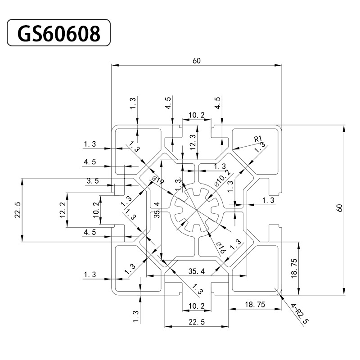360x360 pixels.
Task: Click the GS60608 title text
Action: pos(58,33)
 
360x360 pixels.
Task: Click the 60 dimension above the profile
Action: pos(197,61)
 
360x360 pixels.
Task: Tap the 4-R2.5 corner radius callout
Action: pos(299,315)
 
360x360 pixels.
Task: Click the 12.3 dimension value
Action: pos(193,142)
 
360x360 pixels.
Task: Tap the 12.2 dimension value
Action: pos(63,210)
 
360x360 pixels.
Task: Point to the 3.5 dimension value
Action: pos(92,181)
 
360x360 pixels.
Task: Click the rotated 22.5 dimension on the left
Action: pos(18,210)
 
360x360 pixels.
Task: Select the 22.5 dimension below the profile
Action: pos(196,322)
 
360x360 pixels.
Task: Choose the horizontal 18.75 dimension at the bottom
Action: pos(255,305)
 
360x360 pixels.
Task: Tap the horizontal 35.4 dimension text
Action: pos(197,271)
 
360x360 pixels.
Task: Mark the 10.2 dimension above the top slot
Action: pos(197,115)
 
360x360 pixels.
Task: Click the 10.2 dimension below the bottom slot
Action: pos(197,306)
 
